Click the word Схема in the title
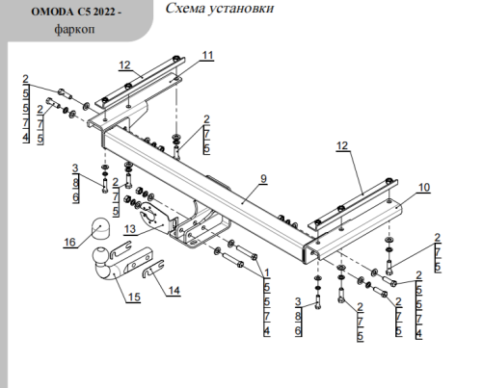click(185, 10)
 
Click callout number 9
click(261, 178)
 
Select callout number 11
click(208, 57)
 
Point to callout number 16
click(69, 243)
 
